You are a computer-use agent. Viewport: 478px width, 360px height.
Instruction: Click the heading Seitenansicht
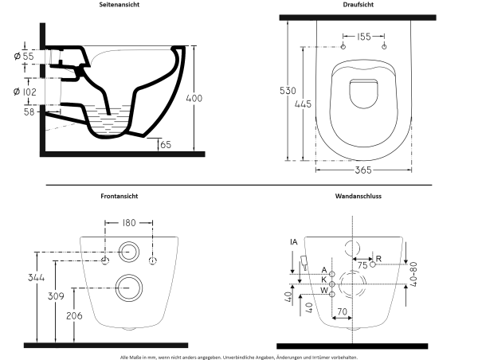(x=121, y=5)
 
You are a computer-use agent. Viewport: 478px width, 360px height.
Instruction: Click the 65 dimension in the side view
(x=167, y=145)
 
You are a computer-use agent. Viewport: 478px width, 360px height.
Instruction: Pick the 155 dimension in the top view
(x=362, y=37)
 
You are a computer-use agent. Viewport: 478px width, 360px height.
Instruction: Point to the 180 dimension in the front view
(x=128, y=225)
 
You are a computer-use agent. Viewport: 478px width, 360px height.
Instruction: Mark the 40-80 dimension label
(x=413, y=276)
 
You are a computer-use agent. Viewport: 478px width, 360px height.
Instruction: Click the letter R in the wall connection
(x=378, y=259)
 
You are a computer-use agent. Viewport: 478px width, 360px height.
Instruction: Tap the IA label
(x=293, y=241)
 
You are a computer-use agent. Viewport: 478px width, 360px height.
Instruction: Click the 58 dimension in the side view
(x=29, y=113)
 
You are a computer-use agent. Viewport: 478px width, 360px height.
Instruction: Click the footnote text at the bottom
(x=239, y=355)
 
